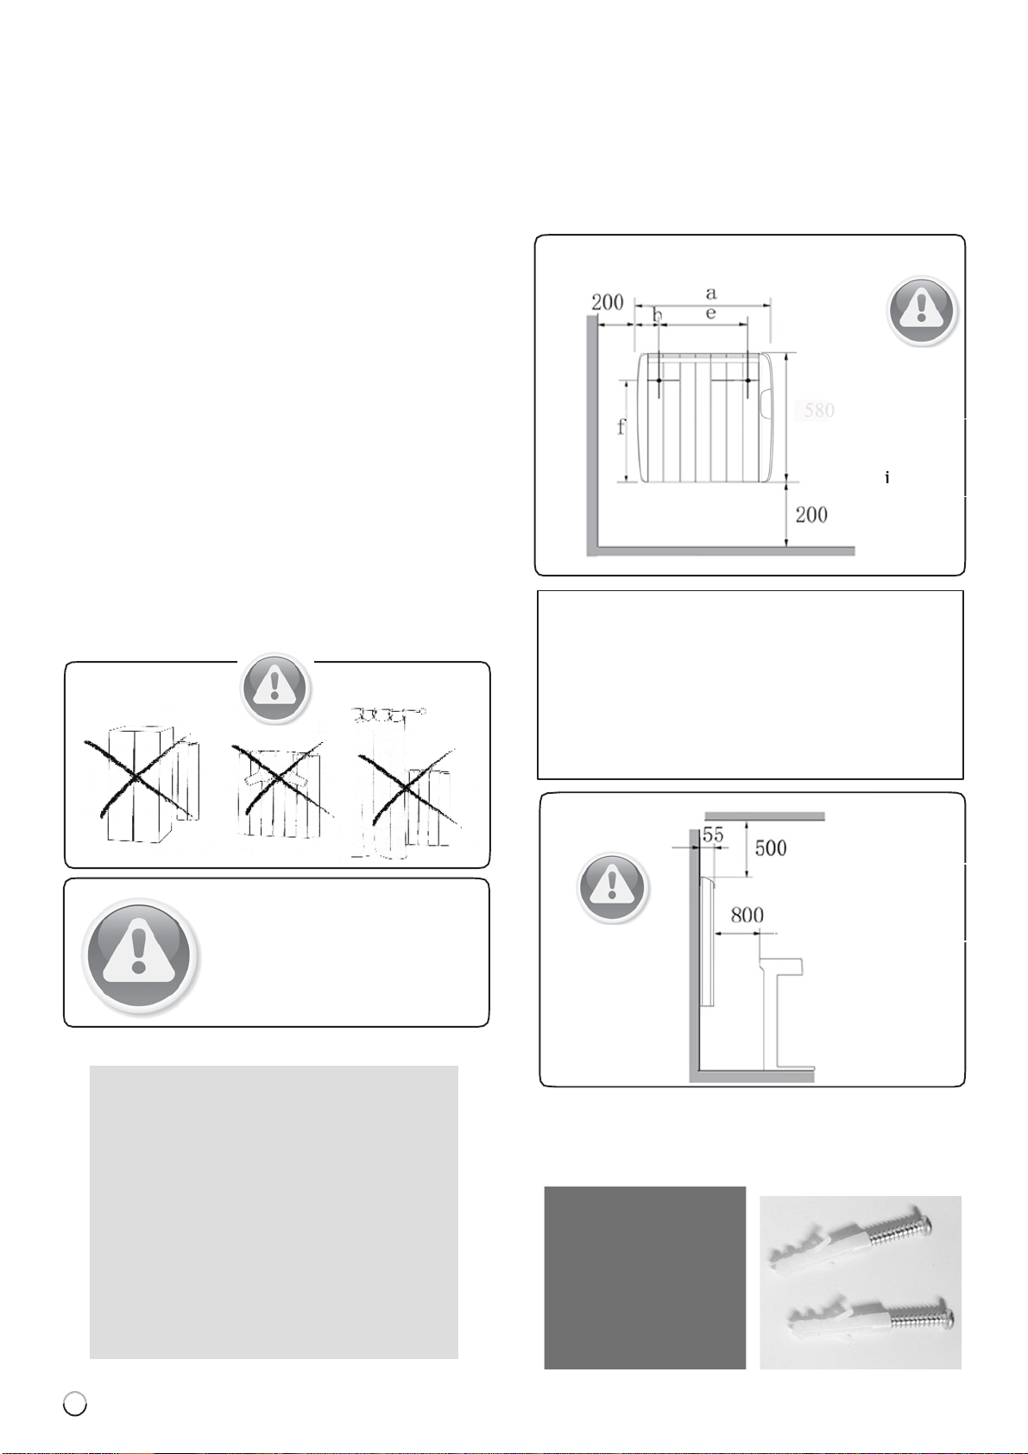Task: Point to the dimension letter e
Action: (711, 314)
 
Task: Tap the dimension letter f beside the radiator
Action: (621, 427)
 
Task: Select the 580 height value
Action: (819, 410)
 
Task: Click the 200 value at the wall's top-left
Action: (607, 303)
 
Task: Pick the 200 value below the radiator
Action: (811, 515)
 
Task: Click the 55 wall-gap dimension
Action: (713, 834)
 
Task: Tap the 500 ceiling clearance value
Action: (771, 848)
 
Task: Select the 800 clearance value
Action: (747, 916)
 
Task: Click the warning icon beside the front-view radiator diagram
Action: (922, 311)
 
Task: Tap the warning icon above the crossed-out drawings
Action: (275, 689)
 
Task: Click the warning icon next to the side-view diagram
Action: (612, 887)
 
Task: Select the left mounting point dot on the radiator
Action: (659, 381)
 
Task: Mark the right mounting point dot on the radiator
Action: (748, 381)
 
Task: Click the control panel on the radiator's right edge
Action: (765, 404)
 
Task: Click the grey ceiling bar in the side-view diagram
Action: (765, 816)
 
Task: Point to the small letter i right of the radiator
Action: (887, 478)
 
